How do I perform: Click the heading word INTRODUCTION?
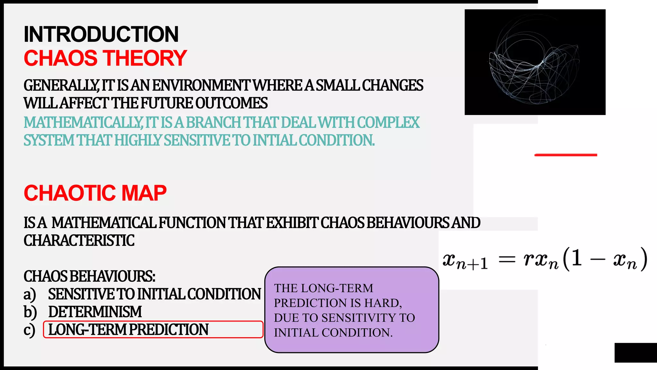101,34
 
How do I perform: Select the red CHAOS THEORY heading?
105,58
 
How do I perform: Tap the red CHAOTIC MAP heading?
95,193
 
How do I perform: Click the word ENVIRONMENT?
201,86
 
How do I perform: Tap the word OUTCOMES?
231,103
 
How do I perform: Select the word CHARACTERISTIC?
79,241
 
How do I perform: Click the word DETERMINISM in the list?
95,312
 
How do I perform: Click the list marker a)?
30,294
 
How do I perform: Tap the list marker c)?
29,330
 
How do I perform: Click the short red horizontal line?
566,155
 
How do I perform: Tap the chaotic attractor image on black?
535,62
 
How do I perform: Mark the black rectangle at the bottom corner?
636,353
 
